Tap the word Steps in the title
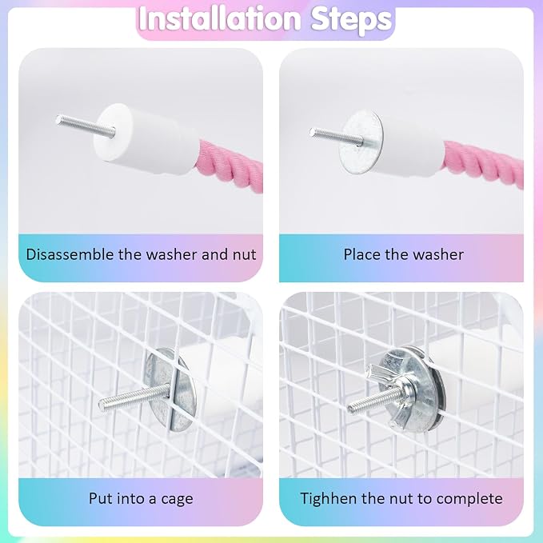[x=351, y=20]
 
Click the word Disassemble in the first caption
[x=70, y=254]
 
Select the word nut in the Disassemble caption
[x=244, y=255]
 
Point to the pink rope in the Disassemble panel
[x=230, y=166]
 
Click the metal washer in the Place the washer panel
[x=361, y=142]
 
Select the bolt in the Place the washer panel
[x=336, y=137]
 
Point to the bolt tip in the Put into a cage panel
[x=102, y=403]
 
